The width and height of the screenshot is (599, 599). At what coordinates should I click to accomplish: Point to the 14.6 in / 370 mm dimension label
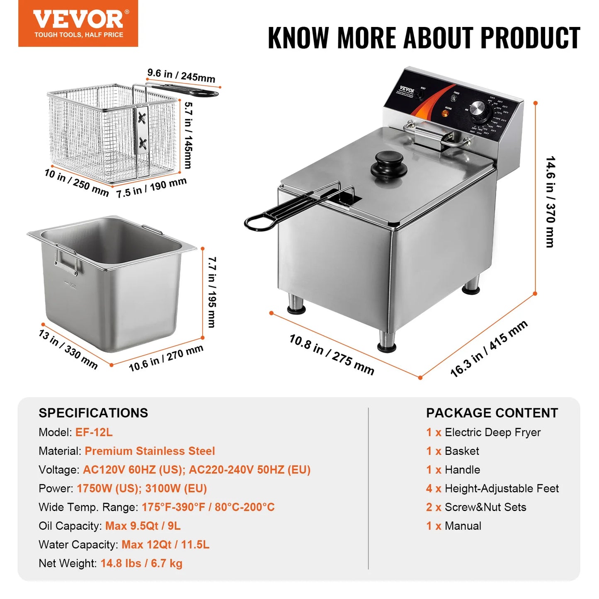click(x=550, y=202)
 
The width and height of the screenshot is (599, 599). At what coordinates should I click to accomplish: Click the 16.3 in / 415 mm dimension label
click(x=489, y=349)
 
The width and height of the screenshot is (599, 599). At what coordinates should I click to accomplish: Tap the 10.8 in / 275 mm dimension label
click(x=332, y=354)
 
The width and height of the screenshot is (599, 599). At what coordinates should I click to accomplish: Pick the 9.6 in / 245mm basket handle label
click(x=181, y=75)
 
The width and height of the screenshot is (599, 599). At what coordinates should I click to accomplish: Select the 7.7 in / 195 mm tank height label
click(x=212, y=292)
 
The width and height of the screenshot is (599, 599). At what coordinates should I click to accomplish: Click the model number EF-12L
click(x=94, y=432)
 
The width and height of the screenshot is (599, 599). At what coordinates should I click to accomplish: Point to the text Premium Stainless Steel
click(x=150, y=451)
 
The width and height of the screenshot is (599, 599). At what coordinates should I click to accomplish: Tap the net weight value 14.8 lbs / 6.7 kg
click(x=141, y=563)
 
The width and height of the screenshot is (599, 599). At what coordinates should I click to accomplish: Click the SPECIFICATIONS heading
click(x=93, y=413)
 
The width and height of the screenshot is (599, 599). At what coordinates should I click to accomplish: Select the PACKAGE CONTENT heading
click(x=492, y=413)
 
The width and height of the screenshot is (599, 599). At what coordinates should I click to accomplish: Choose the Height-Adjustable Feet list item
click(x=502, y=488)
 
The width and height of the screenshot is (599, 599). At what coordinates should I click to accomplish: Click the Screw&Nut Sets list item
click(x=485, y=507)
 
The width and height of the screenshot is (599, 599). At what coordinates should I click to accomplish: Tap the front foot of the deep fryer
click(x=387, y=342)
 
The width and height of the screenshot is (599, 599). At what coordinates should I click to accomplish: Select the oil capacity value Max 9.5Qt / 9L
click(x=143, y=526)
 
